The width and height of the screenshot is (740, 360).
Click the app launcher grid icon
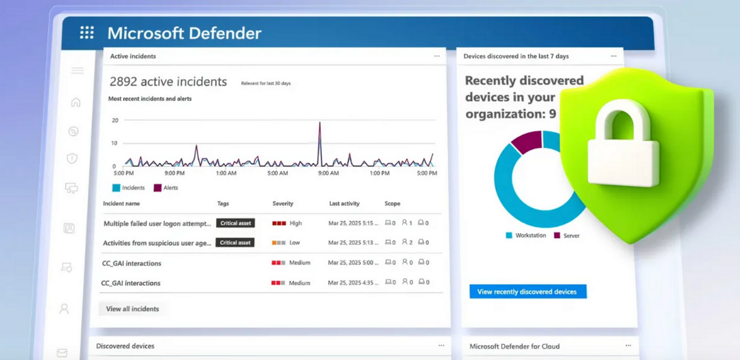(87, 33)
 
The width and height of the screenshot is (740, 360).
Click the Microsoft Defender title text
(184, 33)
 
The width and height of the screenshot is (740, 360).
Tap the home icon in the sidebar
(76, 102)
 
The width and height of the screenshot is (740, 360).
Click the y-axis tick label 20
(114, 120)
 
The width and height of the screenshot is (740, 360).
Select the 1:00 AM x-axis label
(226, 173)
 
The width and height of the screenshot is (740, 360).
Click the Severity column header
(283, 203)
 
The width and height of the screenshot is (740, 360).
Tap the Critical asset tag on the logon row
(235, 223)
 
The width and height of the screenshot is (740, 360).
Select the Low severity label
(294, 243)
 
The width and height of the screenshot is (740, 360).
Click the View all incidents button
(132, 309)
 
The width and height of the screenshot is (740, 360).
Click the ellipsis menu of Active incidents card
(437, 56)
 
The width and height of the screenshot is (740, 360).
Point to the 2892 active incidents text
(168, 82)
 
